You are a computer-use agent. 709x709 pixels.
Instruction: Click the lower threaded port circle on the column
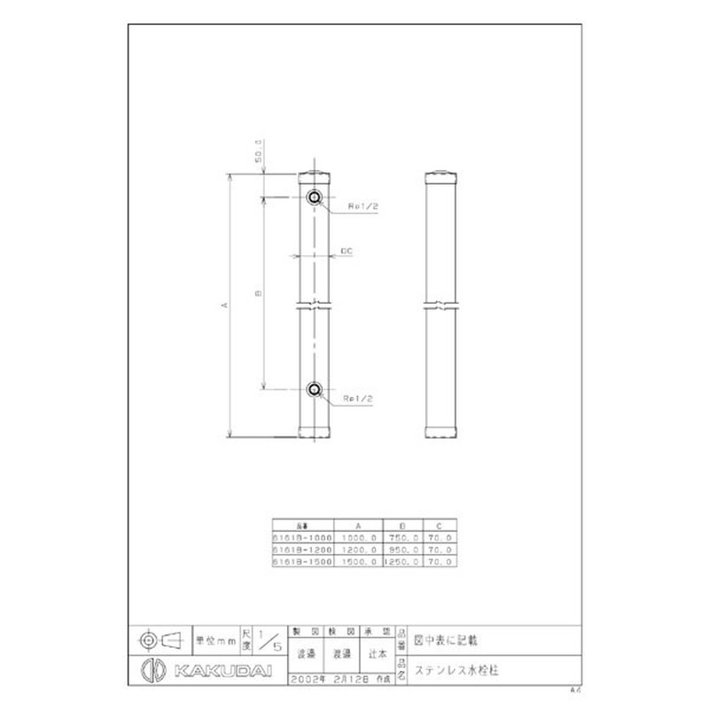[x=315, y=389]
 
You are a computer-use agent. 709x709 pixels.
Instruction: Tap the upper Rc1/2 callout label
[x=363, y=206]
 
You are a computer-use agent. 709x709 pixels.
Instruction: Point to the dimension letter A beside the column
[x=224, y=306]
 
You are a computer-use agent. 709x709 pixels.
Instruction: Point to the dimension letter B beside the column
[x=257, y=292]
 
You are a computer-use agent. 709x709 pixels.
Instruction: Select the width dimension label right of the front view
[x=347, y=253]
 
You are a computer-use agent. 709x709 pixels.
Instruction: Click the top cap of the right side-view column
[x=441, y=175]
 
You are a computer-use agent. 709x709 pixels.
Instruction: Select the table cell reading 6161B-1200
[x=302, y=549]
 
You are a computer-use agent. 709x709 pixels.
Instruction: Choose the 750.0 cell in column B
[x=402, y=537]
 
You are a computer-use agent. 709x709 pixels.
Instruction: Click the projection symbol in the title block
[x=160, y=638]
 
